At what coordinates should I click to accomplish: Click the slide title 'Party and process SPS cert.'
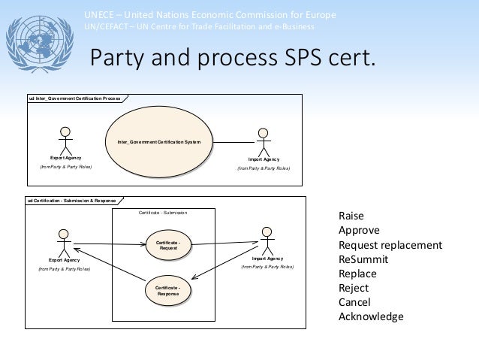231,59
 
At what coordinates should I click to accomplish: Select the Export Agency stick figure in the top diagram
66,140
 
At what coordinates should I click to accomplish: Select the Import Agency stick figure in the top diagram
263,141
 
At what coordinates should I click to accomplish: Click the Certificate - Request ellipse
168,244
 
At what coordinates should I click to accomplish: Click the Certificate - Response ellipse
168,290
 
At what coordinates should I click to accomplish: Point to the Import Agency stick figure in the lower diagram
267,240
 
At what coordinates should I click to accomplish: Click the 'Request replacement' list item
390,246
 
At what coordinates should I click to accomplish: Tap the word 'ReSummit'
362,260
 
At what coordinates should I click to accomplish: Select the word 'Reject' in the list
353,288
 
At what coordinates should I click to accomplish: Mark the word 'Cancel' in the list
355,302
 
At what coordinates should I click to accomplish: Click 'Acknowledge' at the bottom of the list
371,316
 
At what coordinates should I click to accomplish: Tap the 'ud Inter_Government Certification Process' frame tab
74,98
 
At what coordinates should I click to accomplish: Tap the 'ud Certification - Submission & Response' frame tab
71,201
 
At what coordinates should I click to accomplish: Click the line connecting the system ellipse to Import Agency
233,141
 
